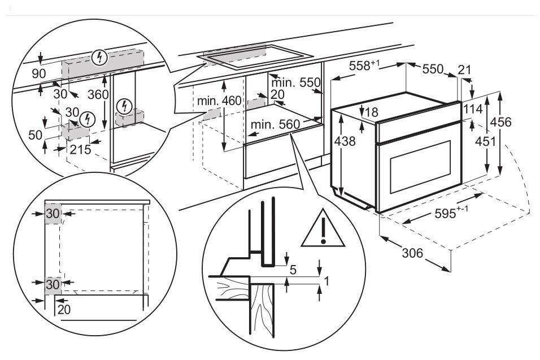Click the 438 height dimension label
[345, 141]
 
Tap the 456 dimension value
[501, 122]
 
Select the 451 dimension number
[485, 141]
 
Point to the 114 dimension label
[473, 109]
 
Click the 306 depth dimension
[412, 253]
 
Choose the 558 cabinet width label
[364, 66]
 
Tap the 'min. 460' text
[219, 101]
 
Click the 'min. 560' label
[275, 124]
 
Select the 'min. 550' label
[296, 83]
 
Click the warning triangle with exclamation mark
[323, 228]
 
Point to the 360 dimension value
[98, 94]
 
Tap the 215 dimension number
[80, 149]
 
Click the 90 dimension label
[39, 73]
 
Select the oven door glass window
[420, 166]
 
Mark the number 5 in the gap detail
[293, 270]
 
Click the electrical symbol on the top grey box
[100, 58]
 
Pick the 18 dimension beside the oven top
[371, 112]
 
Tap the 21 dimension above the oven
[464, 70]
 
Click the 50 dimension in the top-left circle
[35, 135]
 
